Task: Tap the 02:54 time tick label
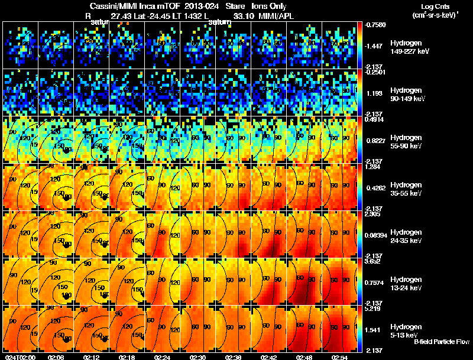point(339,357)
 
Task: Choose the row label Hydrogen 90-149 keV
point(407,94)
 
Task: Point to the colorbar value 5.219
point(373,309)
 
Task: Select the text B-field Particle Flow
point(442,342)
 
